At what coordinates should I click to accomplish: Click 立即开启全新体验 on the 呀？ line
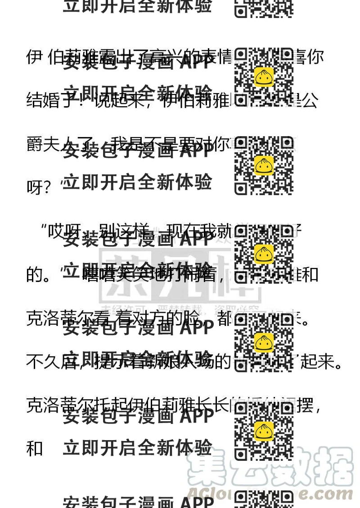coord(138,183)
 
